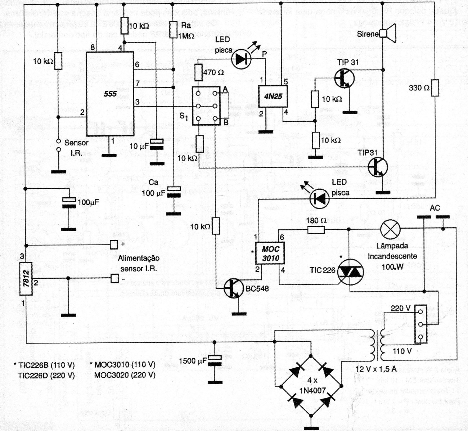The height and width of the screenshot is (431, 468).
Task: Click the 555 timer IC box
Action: [110, 94]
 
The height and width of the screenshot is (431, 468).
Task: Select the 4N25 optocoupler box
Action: [273, 96]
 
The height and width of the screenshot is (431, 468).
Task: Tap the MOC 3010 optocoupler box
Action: [270, 253]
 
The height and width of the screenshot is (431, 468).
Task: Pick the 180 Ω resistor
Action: [316, 229]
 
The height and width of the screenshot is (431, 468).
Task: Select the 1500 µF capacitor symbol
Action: [215, 360]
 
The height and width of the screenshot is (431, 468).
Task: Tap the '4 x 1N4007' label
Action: [312, 386]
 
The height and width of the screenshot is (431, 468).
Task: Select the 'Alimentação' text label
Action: [139, 258]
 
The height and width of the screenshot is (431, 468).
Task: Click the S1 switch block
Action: [206, 106]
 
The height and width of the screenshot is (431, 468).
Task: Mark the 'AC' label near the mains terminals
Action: [435, 208]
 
